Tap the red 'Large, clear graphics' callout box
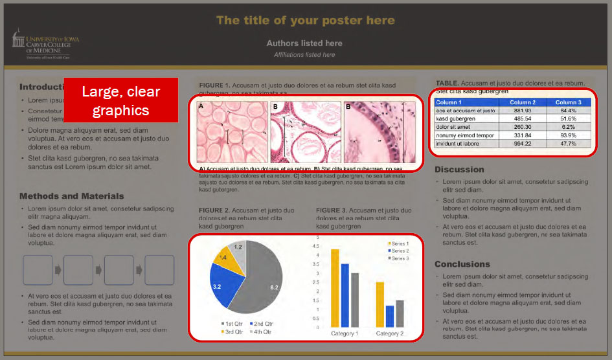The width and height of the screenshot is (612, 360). pos(121,100)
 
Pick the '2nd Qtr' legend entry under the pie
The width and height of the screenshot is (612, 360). pos(260,324)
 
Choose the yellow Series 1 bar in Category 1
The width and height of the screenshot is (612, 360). pos(335,287)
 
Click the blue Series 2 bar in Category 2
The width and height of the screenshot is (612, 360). pos(389,316)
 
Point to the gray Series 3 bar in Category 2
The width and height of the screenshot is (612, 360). pos(400,313)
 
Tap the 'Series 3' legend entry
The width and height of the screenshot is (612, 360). pos(399,258)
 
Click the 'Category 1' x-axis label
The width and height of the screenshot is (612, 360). pos(345,333)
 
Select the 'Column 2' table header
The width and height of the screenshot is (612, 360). pos(523,102)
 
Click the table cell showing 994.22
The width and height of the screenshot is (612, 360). pos(523,144)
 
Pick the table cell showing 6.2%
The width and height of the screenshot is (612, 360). pos(567,128)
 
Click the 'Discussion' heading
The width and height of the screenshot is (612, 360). pos(459,170)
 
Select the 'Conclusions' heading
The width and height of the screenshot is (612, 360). pos(462,264)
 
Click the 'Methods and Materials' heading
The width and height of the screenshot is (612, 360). pos(71,196)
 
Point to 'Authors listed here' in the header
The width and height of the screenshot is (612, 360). pos(304,43)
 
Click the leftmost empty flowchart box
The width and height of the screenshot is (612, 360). pos(38,270)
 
